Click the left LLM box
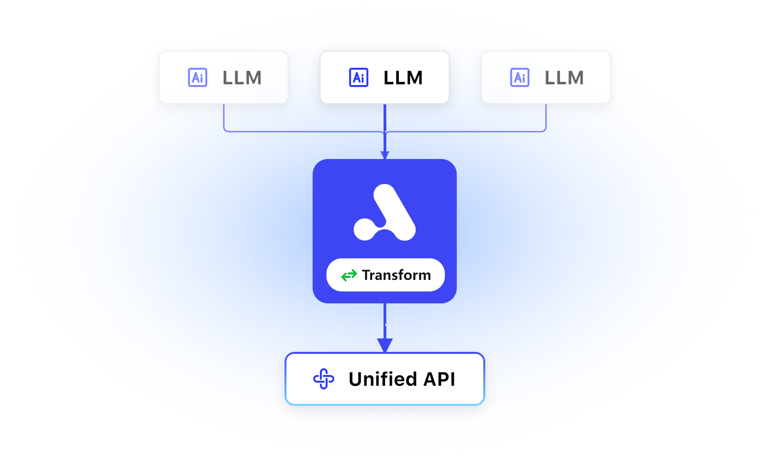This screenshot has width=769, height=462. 223,77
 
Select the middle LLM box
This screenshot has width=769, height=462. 384,77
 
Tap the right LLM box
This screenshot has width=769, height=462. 546,77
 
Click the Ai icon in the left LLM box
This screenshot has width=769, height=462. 198,77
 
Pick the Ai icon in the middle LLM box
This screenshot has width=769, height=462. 359,77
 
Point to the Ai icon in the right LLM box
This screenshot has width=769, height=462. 520,77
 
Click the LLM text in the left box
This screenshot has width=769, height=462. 242,78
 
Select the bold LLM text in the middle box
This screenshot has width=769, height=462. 403,78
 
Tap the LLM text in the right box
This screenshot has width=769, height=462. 564,78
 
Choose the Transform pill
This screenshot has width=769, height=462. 385,275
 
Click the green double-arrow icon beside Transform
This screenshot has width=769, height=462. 349,275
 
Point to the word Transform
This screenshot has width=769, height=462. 396,275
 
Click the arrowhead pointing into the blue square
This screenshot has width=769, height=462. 385,155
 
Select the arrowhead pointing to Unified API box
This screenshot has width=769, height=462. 385,345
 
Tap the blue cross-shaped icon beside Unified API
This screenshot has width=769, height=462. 324,379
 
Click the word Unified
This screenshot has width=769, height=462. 383,379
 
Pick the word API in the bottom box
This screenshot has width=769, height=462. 439,379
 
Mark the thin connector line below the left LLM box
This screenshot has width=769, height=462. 224,117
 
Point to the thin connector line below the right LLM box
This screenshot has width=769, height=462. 546,117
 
